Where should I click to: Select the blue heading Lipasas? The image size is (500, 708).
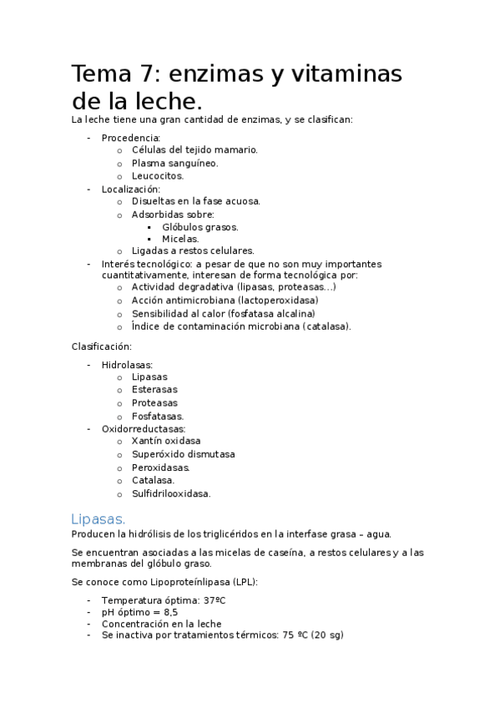(x=99, y=518)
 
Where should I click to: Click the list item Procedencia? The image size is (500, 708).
(x=130, y=138)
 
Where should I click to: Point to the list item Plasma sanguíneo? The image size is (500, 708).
(x=174, y=163)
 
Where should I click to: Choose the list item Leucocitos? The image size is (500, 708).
(x=157, y=176)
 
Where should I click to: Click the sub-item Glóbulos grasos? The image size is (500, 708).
(x=199, y=226)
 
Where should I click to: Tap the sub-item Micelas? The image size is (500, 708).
(x=180, y=239)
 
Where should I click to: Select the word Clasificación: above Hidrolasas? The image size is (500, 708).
(x=102, y=346)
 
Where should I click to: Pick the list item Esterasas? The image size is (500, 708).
(x=154, y=389)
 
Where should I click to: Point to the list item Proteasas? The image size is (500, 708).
(x=154, y=402)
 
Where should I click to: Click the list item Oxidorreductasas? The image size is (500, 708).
(x=144, y=428)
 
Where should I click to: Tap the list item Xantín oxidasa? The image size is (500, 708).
(x=166, y=441)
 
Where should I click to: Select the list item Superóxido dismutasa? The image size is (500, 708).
(x=183, y=454)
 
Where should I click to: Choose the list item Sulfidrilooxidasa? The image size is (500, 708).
(x=171, y=493)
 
